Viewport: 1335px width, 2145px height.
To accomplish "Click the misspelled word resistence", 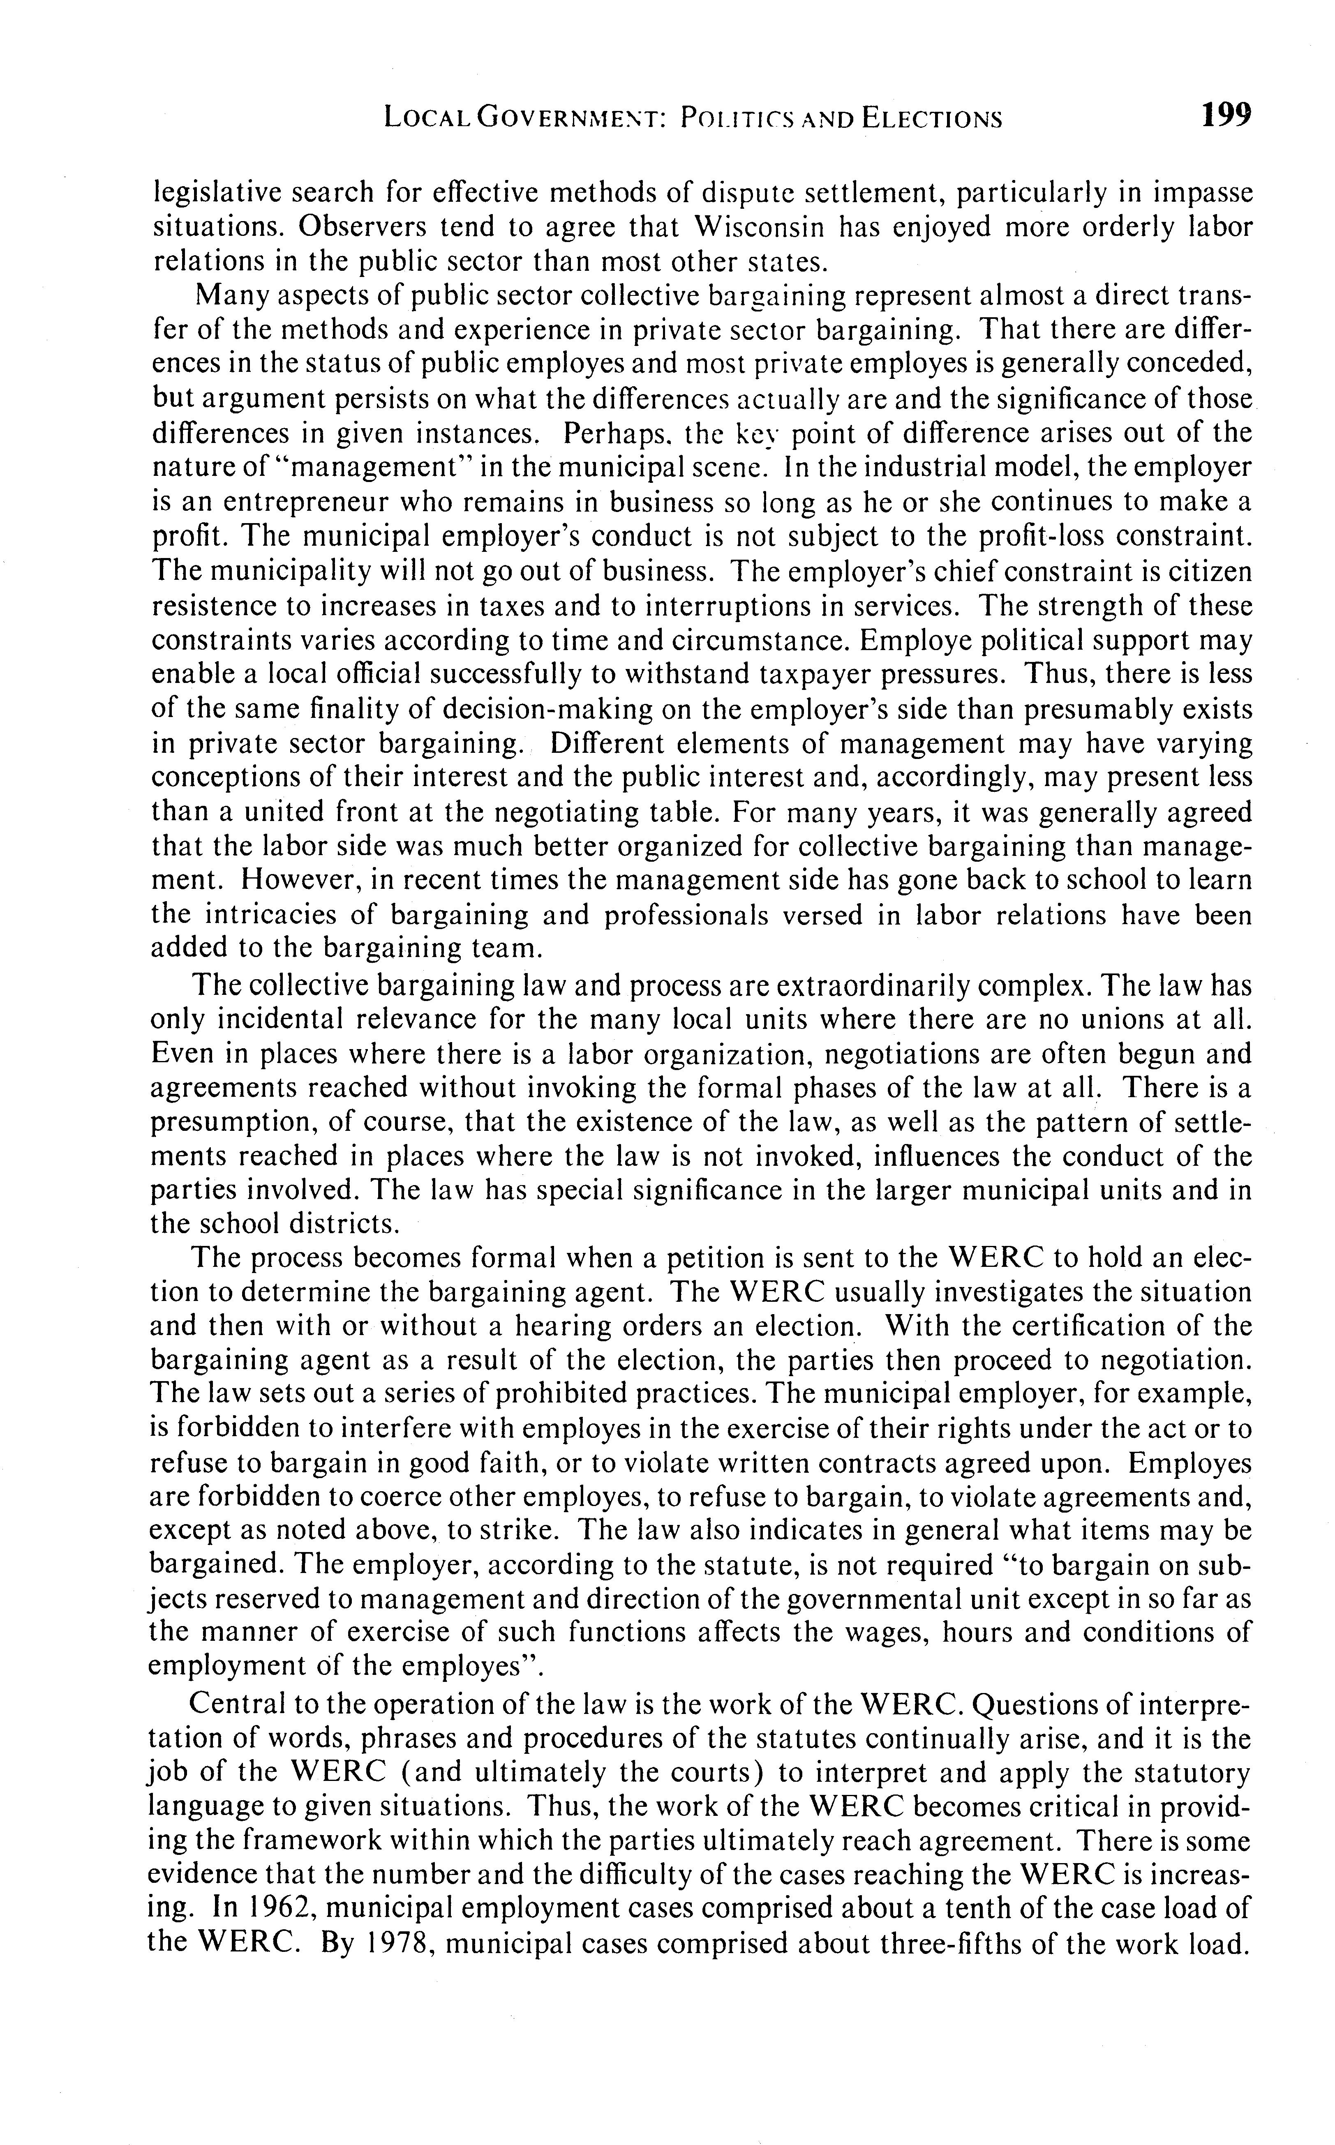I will (212, 607).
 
